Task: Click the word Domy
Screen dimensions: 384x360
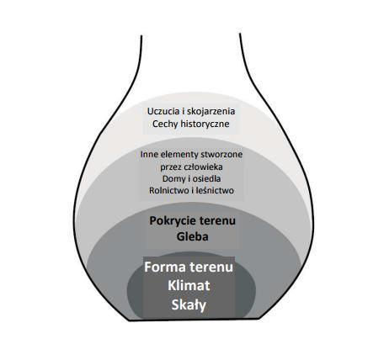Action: pos(172,179)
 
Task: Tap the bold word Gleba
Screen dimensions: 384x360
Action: pos(192,236)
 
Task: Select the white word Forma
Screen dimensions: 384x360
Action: pos(165,267)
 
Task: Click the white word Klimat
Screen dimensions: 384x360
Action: pos(189,286)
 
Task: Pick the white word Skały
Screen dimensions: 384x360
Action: pos(189,304)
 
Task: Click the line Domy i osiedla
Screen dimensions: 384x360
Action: pos(191,179)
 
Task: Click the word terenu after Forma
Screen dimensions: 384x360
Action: pos(211,267)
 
